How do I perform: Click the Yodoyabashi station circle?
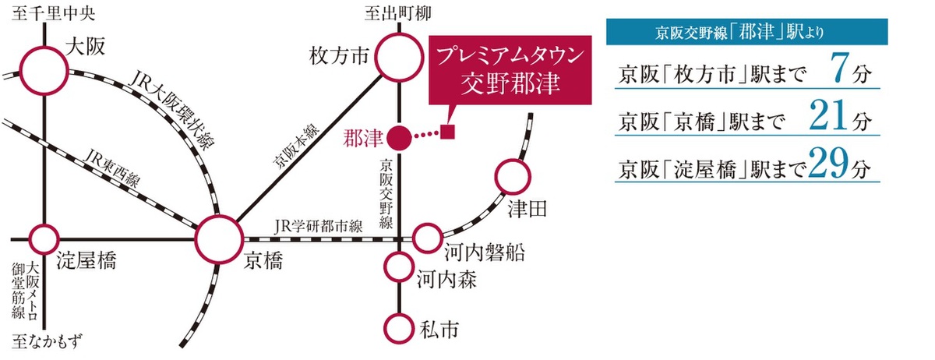pos(44,237)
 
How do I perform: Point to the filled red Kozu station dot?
pos(399,138)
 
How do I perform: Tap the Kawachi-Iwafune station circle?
pos(427,238)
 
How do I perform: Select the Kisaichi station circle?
pos(399,327)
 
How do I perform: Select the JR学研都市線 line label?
pos(319,228)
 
